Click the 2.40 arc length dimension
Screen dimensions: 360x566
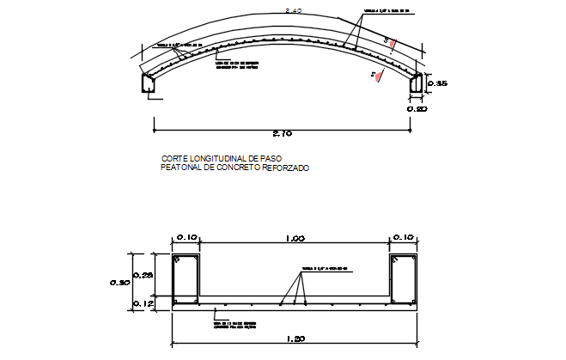294,11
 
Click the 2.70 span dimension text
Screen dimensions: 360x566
283,134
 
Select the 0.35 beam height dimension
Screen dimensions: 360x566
436,83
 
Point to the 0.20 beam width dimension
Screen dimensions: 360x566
417,109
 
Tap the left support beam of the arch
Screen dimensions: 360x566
149,83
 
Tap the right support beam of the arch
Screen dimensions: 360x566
417,83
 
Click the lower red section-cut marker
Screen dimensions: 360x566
374,76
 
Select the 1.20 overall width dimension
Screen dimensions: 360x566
295,340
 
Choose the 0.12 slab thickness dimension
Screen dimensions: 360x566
144,302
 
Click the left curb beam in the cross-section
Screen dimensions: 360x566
186,280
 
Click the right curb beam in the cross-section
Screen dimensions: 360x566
403,280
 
